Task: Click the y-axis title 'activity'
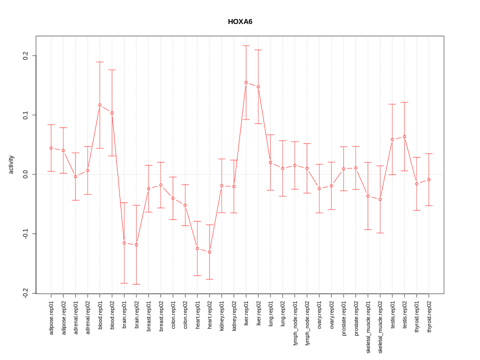(x=11, y=164)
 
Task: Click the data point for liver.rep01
(x=246, y=82)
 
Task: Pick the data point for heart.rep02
(x=209, y=252)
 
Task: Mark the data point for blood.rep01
(x=100, y=105)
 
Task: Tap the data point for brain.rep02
(x=136, y=244)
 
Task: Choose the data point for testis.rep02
(x=404, y=136)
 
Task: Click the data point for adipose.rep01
(x=51, y=148)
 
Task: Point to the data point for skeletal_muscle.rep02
(x=380, y=199)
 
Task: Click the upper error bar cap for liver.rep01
(x=246, y=45)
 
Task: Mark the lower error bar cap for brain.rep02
(x=136, y=284)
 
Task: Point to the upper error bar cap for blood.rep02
(x=112, y=70)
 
